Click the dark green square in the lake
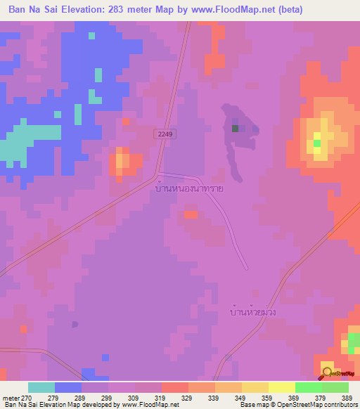(x=235, y=128)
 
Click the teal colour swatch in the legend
(x=41, y=387)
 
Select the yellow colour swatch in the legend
(x=281, y=387)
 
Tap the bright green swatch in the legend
(x=308, y=387)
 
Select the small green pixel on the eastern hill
(x=317, y=143)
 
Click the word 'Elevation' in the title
(x=91, y=10)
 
